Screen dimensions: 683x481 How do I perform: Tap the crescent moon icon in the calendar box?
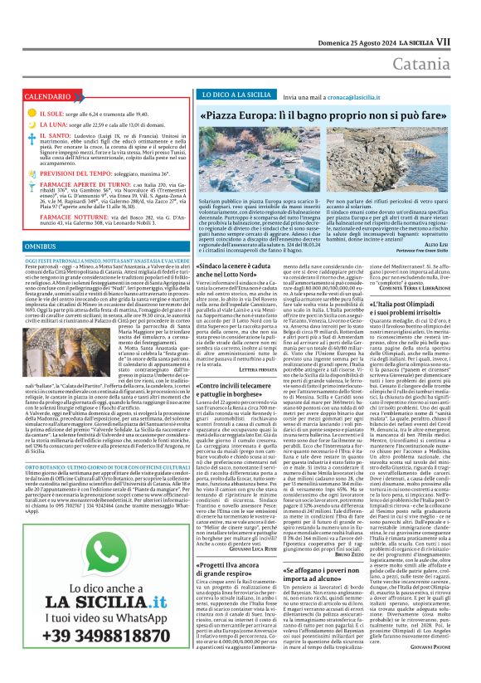(x=32, y=124)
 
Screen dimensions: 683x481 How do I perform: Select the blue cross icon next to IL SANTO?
(x=32, y=135)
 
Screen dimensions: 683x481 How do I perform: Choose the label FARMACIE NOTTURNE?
(x=67, y=217)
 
